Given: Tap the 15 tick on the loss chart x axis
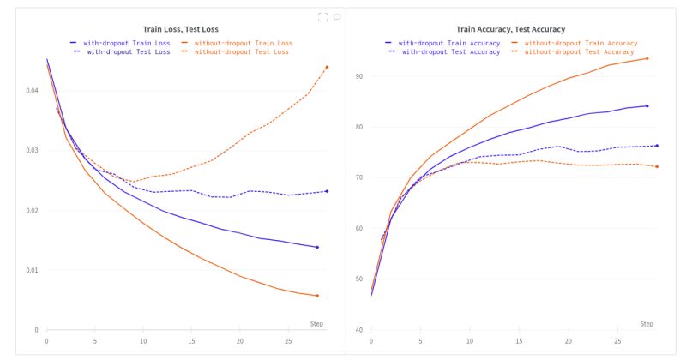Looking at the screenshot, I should (191, 340).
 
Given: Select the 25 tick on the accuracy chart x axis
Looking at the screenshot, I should (618, 340).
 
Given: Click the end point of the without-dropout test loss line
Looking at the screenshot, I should (327, 67).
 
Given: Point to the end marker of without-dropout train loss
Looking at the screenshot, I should (317, 296).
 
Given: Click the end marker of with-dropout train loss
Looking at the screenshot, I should (317, 247).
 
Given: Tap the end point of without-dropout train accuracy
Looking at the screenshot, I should (647, 58).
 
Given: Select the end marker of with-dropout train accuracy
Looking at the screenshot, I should (647, 106).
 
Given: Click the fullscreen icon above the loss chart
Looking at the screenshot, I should (322, 16).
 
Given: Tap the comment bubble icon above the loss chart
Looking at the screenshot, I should (337, 16).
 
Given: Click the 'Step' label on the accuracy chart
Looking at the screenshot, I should (647, 323).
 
